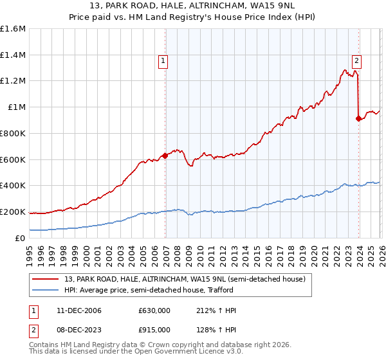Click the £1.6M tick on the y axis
(x=13, y=29)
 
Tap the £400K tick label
(x=13, y=186)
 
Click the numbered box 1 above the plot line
(x=163, y=62)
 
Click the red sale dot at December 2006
(x=165, y=155)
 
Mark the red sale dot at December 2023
(x=358, y=118)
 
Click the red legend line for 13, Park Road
(x=46, y=278)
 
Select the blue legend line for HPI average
(x=46, y=290)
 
